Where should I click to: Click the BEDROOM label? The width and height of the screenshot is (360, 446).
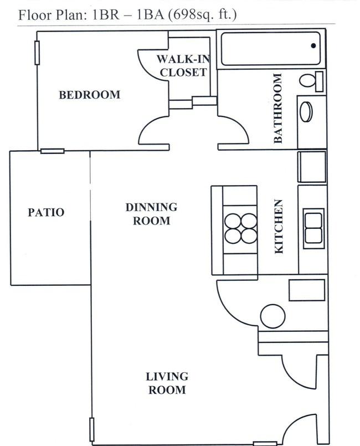point(90,95)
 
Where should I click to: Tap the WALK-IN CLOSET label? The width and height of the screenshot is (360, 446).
point(183,66)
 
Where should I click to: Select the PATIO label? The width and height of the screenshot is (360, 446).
point(46,212)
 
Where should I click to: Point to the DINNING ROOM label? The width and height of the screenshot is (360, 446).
point(151,214)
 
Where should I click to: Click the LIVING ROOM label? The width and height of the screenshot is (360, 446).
point(167,383)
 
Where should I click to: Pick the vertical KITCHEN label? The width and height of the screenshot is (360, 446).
point(279,227)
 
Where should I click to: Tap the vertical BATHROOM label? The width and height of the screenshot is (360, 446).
point(278,108)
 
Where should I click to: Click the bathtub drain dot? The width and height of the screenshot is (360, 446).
point(313,45)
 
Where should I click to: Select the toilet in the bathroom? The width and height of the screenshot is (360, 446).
point(311,81)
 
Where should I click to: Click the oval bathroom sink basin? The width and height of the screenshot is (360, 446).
point(306,112)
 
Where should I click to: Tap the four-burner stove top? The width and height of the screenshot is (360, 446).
point(240,228)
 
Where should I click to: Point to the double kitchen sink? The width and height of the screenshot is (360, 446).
point(313,228)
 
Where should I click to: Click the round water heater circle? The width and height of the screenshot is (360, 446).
point(272,316)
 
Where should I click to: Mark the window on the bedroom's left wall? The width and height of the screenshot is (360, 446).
point(37,53)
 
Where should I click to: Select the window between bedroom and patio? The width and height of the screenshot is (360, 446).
point(52,151)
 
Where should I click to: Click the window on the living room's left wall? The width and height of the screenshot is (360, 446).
point(91,429)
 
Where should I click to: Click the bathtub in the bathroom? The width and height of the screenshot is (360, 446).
point(271,49)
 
